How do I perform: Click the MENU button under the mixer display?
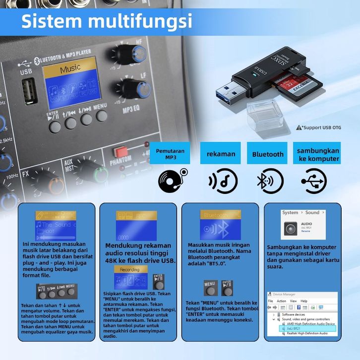click(102, 116)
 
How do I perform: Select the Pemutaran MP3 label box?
click(170, 154)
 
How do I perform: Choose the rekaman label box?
click(221, 154)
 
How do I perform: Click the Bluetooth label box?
click(268, 154)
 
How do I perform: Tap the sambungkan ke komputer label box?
click(318, 154)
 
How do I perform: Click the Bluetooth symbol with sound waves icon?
click(268, 180)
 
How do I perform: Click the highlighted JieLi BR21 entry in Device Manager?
click(303, 328)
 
